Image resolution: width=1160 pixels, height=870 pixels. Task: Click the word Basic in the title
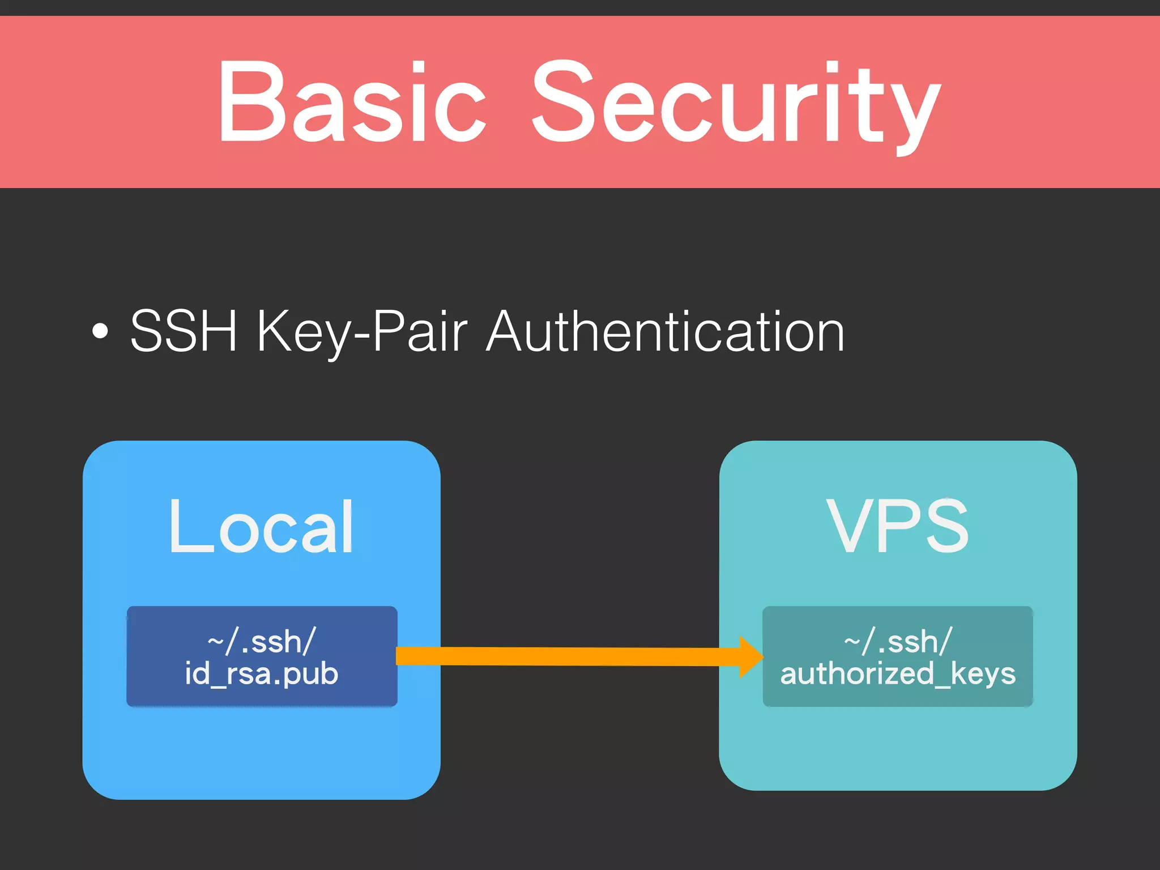(351, 102)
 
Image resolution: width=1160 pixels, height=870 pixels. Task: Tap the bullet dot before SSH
(100, 331)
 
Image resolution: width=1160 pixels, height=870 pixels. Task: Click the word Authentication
(666, 331)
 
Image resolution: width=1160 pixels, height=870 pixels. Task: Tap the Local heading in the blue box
(261, 527)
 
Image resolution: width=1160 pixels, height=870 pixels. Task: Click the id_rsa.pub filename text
(262, 674)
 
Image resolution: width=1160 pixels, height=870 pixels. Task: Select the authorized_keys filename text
(898, 674)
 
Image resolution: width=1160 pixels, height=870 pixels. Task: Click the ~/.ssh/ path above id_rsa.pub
(262, 642)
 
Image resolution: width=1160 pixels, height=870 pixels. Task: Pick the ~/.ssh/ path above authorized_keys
(898, 642)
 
